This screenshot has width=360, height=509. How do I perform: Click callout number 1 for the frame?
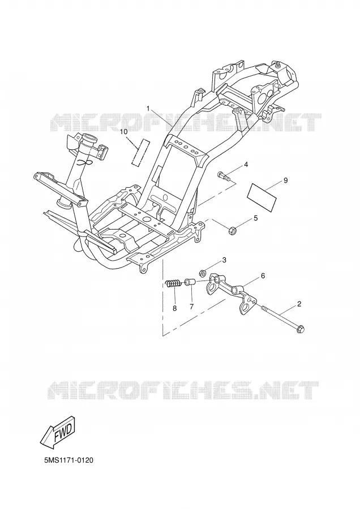(148, 109)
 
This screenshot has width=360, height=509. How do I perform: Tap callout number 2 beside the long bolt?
(299, 304)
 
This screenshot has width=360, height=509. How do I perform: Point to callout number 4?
(246, 165)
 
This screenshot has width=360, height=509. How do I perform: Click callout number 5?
(256, 218)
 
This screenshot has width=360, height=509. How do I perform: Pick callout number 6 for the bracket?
(263, 275)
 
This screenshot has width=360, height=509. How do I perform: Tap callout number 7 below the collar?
(191, 307)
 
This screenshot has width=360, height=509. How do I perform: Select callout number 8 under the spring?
(175, 308)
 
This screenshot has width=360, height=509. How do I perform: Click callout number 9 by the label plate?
(286, 180)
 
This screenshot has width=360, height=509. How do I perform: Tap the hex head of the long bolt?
(300, 329)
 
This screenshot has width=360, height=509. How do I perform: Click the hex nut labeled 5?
(232, 231)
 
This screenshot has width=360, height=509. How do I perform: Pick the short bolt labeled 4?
(224, 176)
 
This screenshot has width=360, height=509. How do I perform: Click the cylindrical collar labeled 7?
(190, 282)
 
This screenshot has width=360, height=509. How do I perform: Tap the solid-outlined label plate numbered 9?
(262, 197)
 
